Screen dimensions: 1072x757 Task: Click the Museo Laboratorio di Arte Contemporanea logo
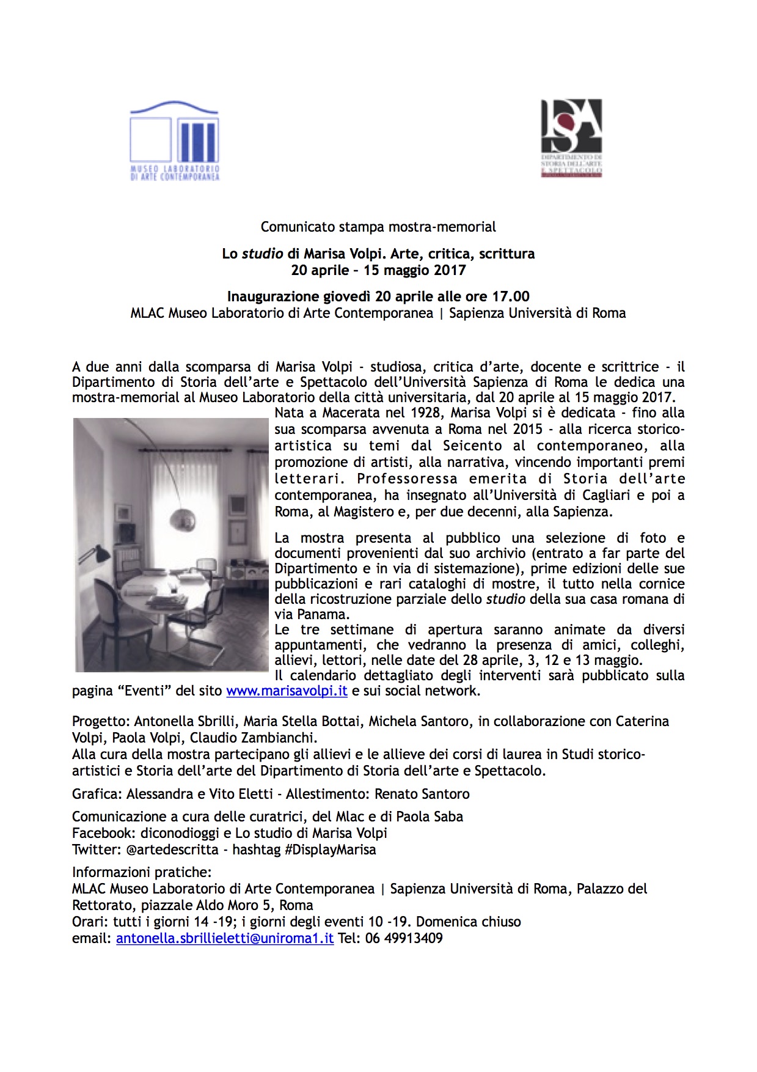click(x=174, y=141)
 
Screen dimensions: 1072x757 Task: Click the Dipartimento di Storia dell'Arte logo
click(x=571, y=138)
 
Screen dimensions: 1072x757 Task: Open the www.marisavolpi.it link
click(x=287, y=691)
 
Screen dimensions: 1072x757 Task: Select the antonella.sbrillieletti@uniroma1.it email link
click(x=225, y=938)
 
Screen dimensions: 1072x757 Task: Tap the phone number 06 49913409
click(x=404, y=938)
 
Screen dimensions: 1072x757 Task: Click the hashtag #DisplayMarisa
click(x=331, y=850)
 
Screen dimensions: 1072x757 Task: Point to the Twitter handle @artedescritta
click(x=172, y=850)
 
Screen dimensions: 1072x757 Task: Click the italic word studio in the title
click(x=263, y=254)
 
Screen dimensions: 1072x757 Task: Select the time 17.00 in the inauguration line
click(x=511, y=297)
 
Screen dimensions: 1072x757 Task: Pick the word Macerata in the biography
click(x=351, y=413)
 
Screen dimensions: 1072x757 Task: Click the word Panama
click(x=322, y=614)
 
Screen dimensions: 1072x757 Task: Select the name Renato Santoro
click(x=422, y=794)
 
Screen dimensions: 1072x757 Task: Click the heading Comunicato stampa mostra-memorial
click(x=378, y=227)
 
